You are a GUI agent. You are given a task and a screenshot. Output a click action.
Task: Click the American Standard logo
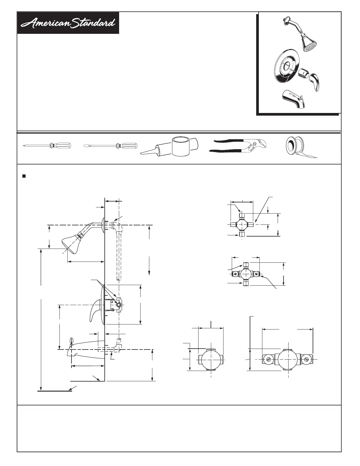68,23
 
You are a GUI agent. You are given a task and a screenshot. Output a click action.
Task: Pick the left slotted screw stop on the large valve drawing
269,359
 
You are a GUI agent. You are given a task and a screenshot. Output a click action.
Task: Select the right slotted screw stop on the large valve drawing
306,359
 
